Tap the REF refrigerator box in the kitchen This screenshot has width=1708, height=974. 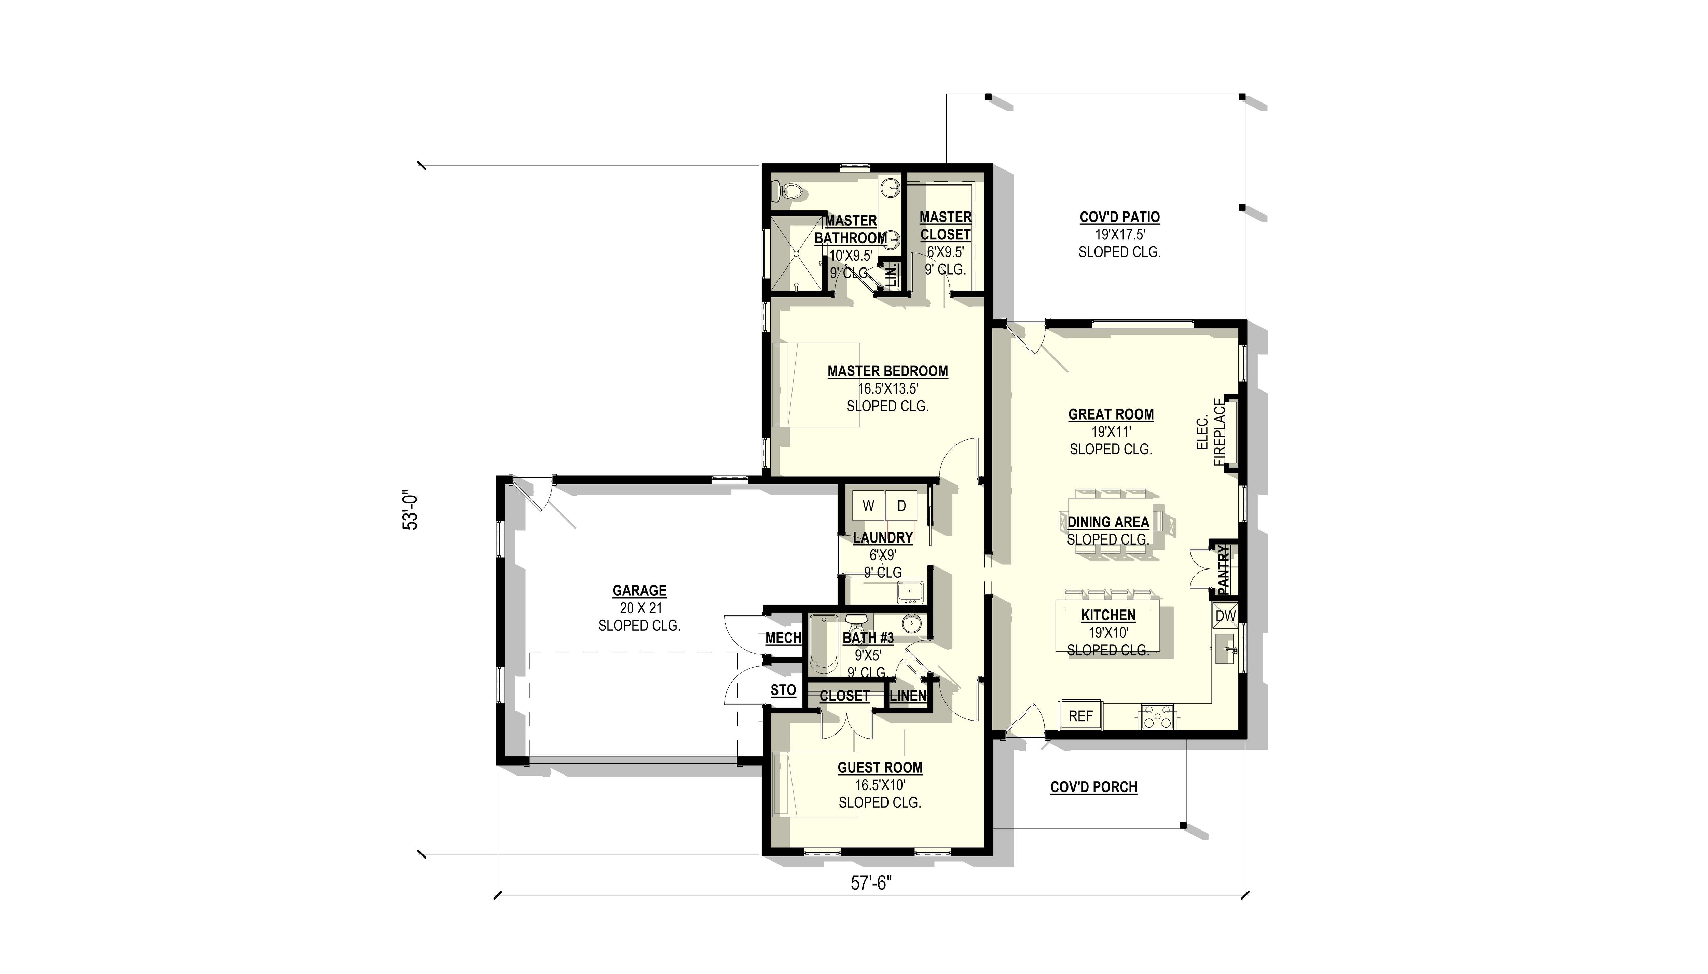[1080, 716]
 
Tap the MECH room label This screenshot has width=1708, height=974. [783, 638]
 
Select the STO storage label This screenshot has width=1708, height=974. [783, 690]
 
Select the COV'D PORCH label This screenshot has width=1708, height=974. [1093, 787]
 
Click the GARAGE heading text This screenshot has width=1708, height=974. [639, 591]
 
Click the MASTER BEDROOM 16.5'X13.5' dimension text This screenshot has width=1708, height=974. [887, 389]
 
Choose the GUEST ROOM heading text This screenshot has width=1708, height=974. [880, 768]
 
